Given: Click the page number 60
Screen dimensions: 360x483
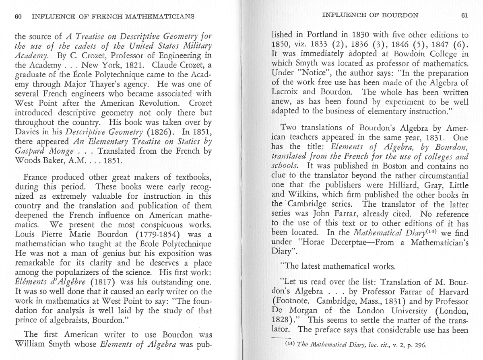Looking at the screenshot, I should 18,16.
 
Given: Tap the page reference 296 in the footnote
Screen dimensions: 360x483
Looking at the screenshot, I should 419,345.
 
